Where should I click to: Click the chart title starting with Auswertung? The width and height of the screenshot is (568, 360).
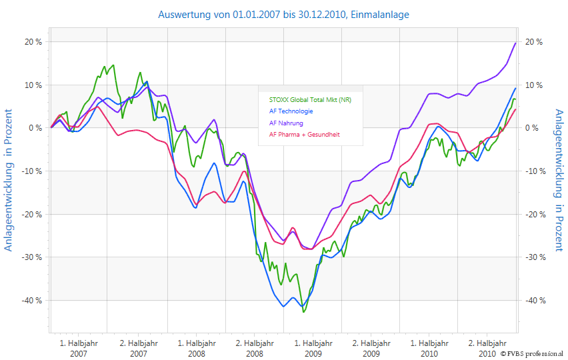coord(283,14)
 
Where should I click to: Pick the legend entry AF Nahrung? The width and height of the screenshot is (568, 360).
coord(286,123)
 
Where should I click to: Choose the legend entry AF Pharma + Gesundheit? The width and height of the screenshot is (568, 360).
coord(304,134)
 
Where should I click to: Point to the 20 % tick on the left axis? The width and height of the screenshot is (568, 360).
coord(33,42)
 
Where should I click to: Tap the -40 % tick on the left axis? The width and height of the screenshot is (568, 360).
coord(32,300)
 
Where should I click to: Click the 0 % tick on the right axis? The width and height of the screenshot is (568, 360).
coord(533,128)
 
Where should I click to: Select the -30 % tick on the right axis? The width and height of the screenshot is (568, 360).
coord(535,257)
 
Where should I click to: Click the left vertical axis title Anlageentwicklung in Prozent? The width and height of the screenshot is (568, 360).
coord(9,180)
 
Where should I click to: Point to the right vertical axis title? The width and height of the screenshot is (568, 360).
coord(559,180)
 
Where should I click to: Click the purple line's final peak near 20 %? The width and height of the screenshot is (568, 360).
coord(516,43)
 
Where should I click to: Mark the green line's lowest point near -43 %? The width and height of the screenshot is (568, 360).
coord(303,311)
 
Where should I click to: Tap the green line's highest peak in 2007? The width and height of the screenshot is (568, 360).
coord(105,65)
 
